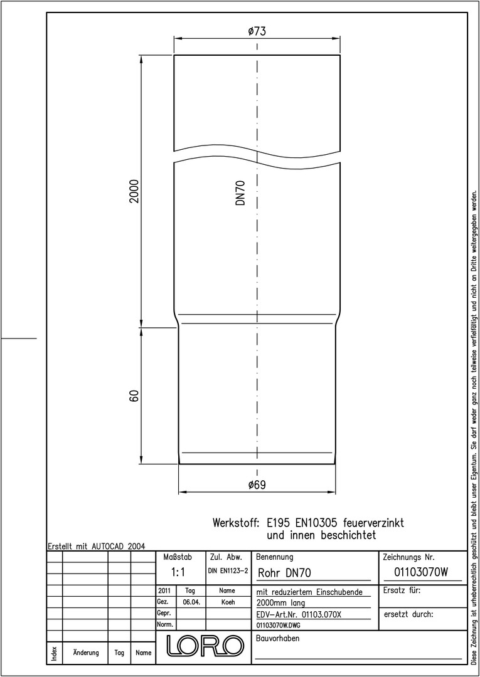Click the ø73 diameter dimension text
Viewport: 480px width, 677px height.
pos(257,31)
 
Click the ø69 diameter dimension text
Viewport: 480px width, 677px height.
pos(257,485)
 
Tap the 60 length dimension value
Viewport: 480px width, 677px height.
pos(134,396)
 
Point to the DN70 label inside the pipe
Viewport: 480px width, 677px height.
pos(241,192)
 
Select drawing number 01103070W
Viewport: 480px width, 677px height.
pos(421,572)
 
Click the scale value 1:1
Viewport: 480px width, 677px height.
pos(178,572)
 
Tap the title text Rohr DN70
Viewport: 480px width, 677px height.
pos(284,573)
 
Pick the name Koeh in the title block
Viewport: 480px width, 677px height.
pos(227,602)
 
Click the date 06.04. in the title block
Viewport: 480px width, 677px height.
pos(191,602)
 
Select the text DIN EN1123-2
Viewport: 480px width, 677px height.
pos(228,571)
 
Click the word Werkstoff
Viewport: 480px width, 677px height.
pos(235,523)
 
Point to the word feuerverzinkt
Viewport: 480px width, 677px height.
pos(373,523)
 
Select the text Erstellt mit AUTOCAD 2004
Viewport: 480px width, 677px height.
pos(97,546)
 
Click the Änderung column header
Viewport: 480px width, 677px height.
pos(85,653)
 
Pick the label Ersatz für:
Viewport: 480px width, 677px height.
pos(402,590)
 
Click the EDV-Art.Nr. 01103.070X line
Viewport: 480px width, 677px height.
pos(299,614)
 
